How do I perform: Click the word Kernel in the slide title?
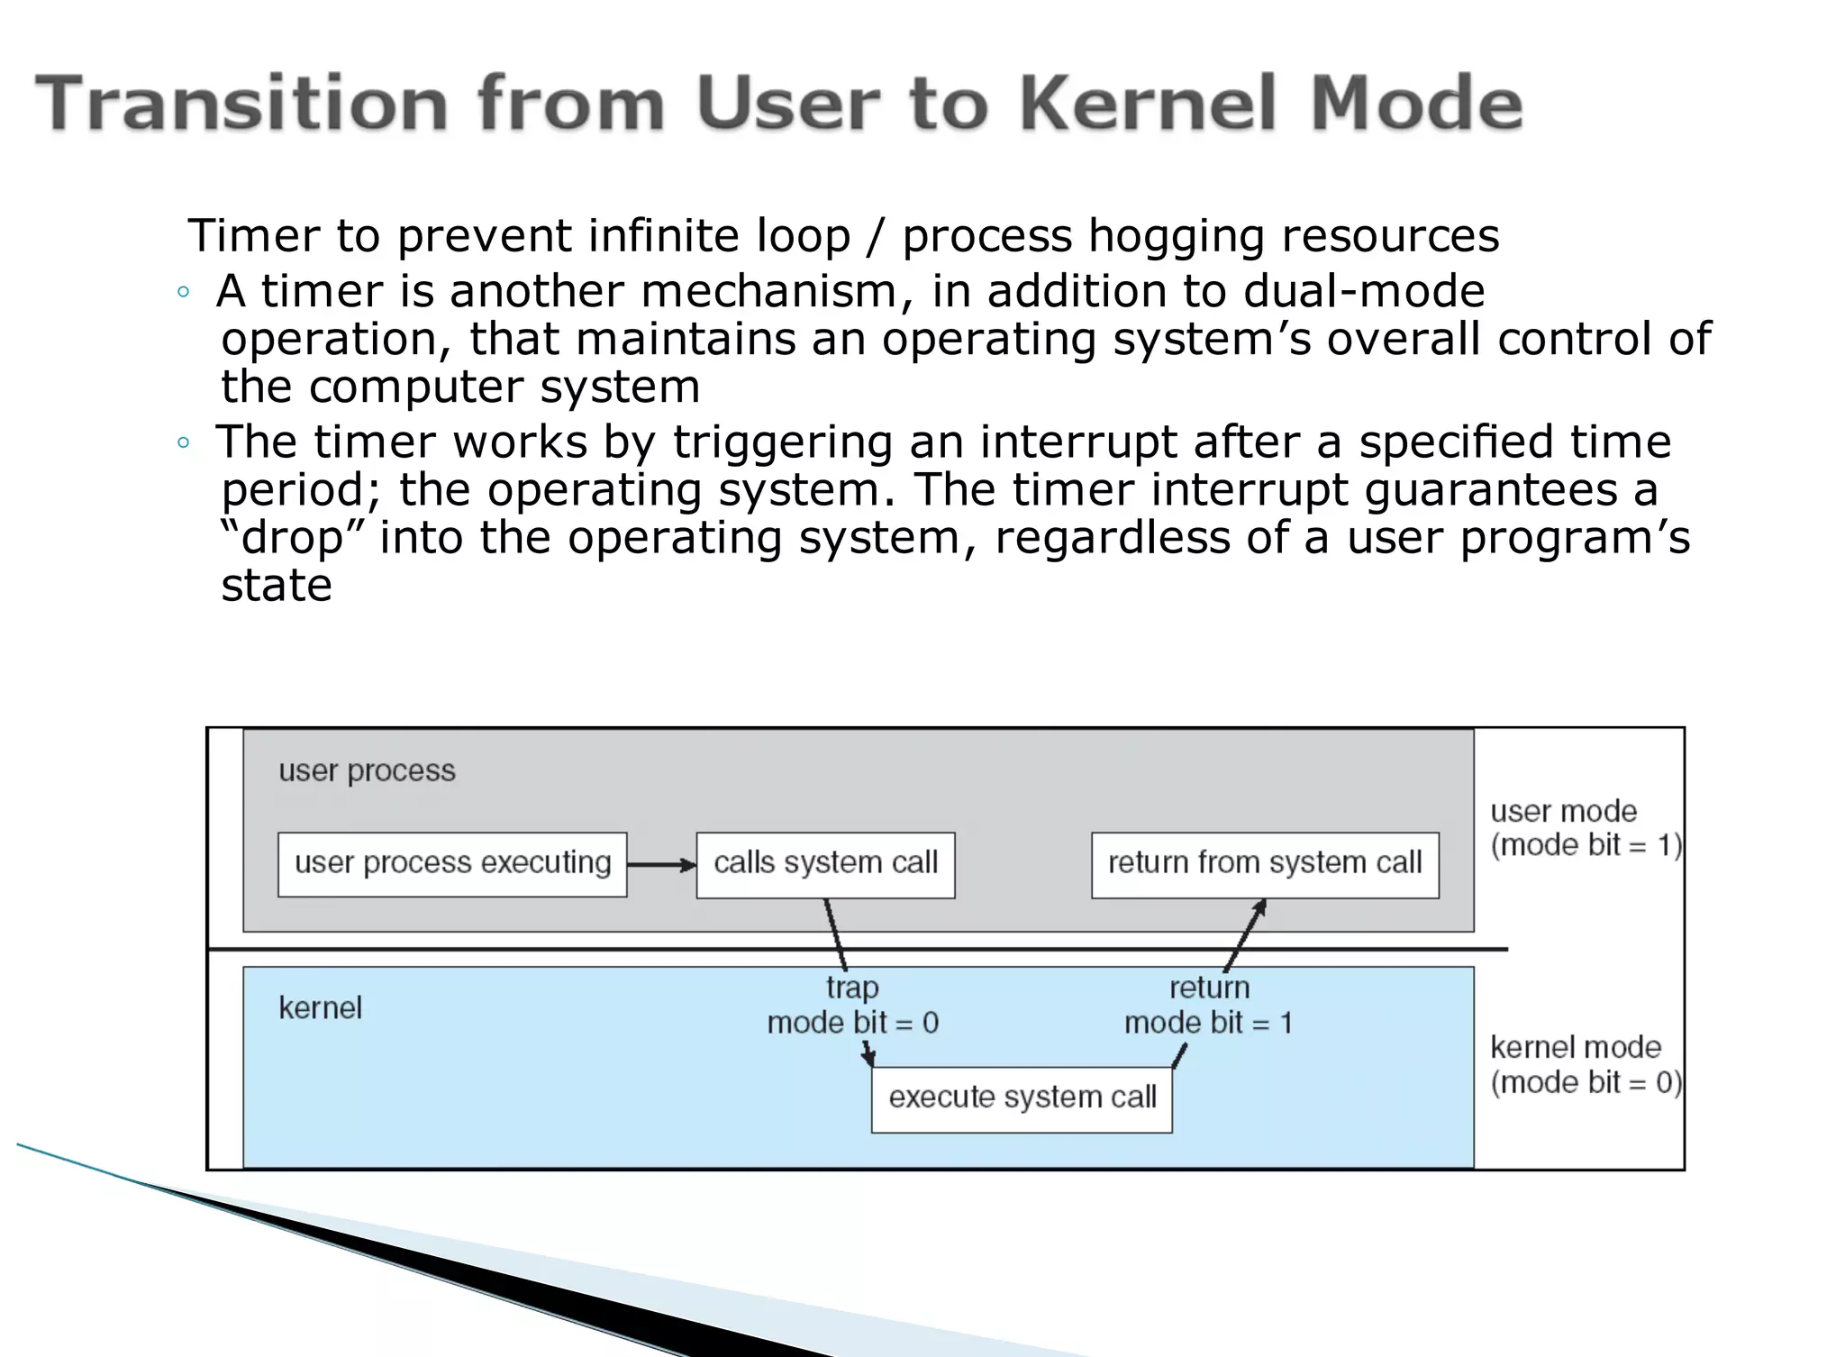[x=1149, y=104]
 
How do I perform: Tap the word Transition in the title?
[x=241, y=104]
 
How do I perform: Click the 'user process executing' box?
[x=452, y=864]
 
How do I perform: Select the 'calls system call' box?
[x=825, y=864]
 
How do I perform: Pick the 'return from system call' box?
[x=1265, y=864]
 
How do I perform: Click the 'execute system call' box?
[x=1022, y=1098]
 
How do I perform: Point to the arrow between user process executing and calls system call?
[x=661, y=865]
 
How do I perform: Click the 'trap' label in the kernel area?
[x=852, y=988]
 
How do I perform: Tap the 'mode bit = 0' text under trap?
[x=852, y=1024]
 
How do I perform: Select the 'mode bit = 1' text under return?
[x=1208, y=1024]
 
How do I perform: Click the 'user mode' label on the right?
[x=1563, y=812]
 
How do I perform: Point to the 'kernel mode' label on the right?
[x=1576, y=1048]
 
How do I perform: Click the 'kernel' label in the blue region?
[x=320, y=1008]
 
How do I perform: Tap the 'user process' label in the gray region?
[x=367, y=771]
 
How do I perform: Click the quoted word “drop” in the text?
[x=293, y=538]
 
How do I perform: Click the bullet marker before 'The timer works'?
[x=184, y=442]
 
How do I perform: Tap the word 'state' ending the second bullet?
[x=277, y=587]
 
